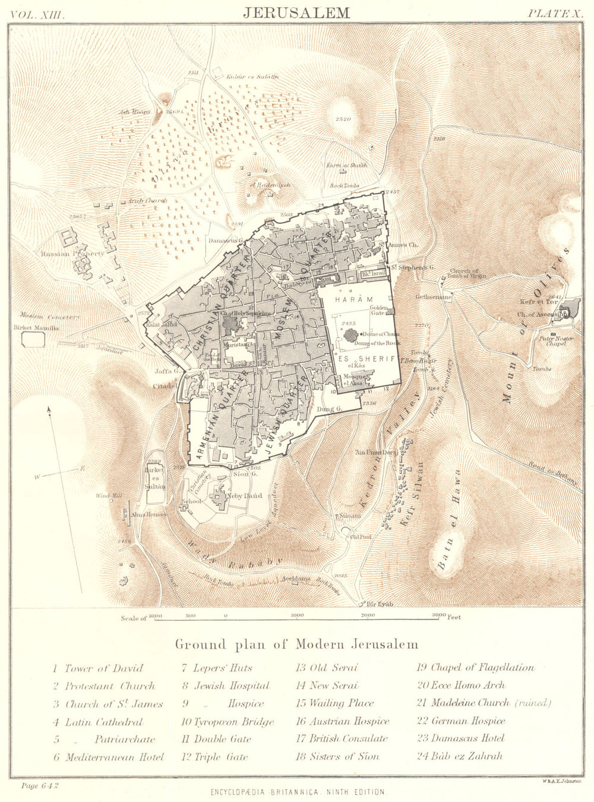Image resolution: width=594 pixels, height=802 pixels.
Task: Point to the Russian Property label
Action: click(x=72, y=254)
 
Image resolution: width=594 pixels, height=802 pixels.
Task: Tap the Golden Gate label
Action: click(x=379, y=311)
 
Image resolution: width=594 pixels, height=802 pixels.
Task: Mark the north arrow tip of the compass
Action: click(x=49, y=408)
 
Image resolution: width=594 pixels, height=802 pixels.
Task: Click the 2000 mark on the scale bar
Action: click(x=368, y=615)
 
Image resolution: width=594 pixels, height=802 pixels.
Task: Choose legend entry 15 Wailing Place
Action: click(x=334, y=703)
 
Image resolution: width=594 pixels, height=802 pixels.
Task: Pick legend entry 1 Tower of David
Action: click(x=98, y=668)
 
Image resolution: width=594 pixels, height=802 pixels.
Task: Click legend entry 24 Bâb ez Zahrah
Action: click(x=460, y=756)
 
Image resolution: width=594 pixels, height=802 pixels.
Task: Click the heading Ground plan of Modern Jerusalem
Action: click(x=296, y=644)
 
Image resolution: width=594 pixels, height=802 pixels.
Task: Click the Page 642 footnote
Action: click(x=40, y=785)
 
